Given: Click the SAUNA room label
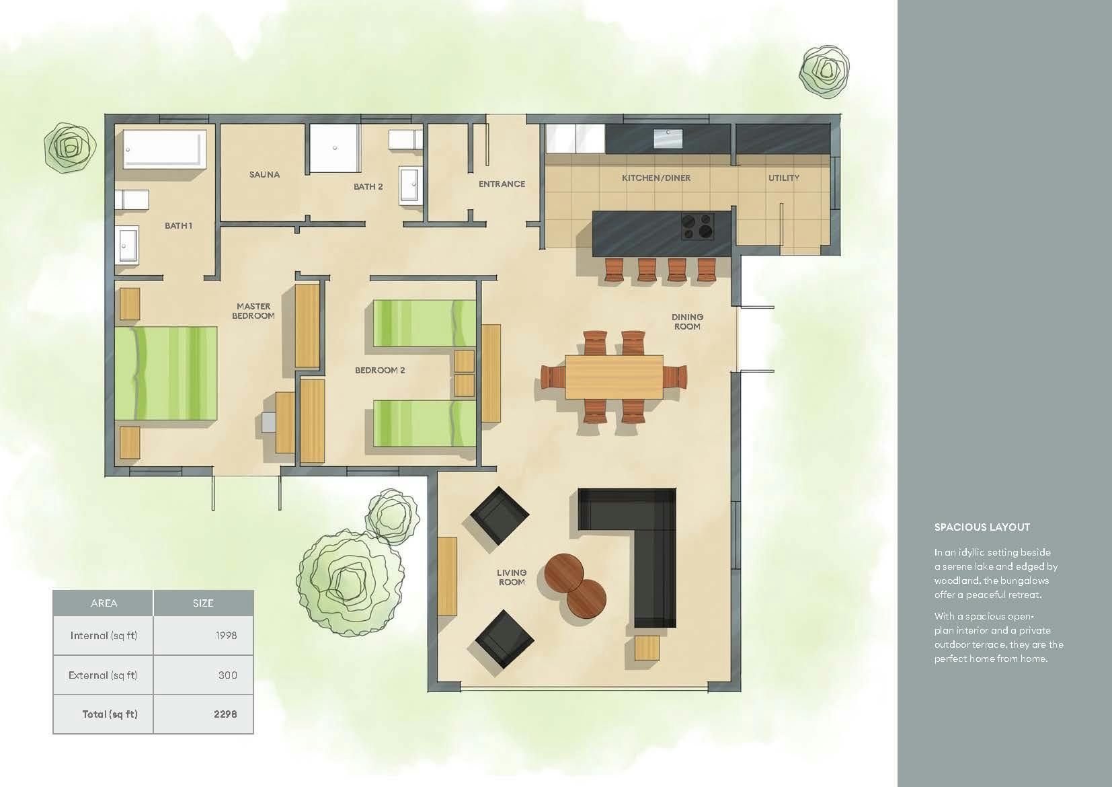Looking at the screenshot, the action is [265, 174].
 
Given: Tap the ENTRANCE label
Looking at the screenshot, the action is [502, 184].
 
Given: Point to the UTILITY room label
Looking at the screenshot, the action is [784, 178].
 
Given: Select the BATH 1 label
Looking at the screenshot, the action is [178, 225].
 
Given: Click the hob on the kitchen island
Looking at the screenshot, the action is [697, 227].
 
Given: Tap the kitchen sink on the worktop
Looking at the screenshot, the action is [668, 139].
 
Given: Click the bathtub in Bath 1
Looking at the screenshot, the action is [165, 149].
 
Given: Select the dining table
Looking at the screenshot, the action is [614, 377].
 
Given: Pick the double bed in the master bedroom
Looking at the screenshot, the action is [166, 373].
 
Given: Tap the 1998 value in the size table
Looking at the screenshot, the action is [227, 636].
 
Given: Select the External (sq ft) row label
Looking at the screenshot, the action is [103, 675].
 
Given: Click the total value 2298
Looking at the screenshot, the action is [225, 714].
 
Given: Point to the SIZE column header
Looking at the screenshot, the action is [203, 603].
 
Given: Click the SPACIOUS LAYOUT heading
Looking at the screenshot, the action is [982, 527].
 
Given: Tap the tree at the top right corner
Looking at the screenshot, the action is [824, 71].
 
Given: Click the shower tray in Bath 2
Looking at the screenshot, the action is [334, 148].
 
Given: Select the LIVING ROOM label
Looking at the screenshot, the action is [512, 577].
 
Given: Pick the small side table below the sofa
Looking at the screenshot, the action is [647, 648].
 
